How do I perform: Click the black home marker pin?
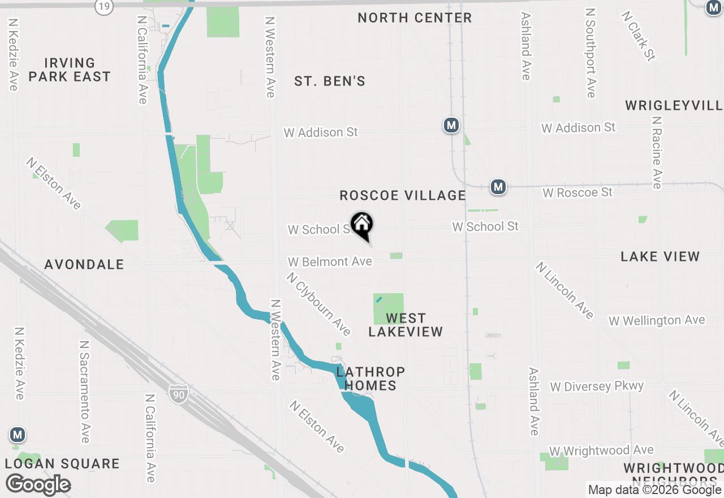pyautogui.click(x=362, y=225)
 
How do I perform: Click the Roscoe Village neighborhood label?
pyautogui.click(x=403, y=196)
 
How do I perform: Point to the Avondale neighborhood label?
pyautogui.click(x=84, y=264)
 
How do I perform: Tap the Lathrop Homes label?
pyautogui.click(x=370, y=379)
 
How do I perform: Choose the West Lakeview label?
pyautogui.click(x=406, y=325)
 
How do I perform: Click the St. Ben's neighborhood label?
pyautogui.click(x=330, y=81)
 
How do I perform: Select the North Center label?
pyautogui.click(x=415, y=18)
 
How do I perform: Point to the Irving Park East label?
pyautogui.click(x=70, y=70)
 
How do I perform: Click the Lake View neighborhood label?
pyautogui.click(x=660, y=257)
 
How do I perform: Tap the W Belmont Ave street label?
pyautogui.click(x=330, y=261)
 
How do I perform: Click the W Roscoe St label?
pyautogui.click(x=578, y=192)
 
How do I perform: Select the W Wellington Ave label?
pyautogui.click(x=657, y=321)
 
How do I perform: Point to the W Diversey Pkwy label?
pyautogui.click(x=597, y=387)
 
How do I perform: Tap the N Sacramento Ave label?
pyautogui.click(x=84, y=392)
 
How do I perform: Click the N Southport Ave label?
pyautogui.click(x=591, y=52)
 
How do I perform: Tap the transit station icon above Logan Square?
pyautogui.click(x=18, y=435)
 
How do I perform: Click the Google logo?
pyautogui.click(x=38, y=485)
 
